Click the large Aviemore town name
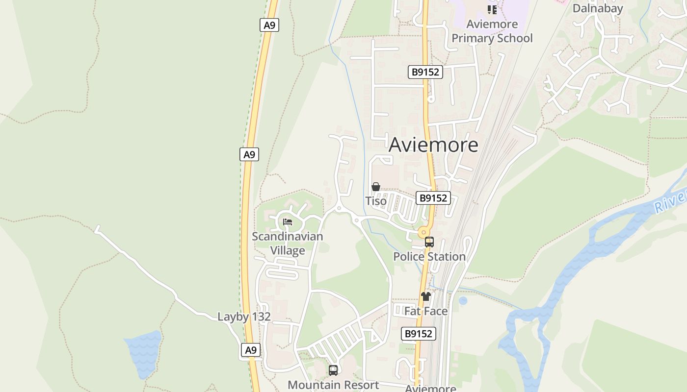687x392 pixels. [433, 145]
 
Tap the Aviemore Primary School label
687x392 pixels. [492, 31]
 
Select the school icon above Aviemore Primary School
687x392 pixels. [492, 9]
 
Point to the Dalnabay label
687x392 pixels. [597, 8]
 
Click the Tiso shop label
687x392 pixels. [376, 201]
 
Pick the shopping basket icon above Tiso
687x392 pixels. [376, 187]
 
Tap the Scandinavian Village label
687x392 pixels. [288, 243]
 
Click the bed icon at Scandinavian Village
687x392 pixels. [288, 222]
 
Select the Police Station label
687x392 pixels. [429, 256]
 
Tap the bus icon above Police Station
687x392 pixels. [429, 242]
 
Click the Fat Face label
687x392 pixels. [426, 311]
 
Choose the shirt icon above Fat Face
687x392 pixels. [426, 296]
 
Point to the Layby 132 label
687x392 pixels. [244, 317]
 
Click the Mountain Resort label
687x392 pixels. [333, 385]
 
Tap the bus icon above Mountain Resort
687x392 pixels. [333, 370]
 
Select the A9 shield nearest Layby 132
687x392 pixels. [251, 350]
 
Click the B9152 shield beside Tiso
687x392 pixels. [433, 198]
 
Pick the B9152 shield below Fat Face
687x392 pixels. [419, 334]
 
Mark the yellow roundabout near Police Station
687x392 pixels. [423, 232]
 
